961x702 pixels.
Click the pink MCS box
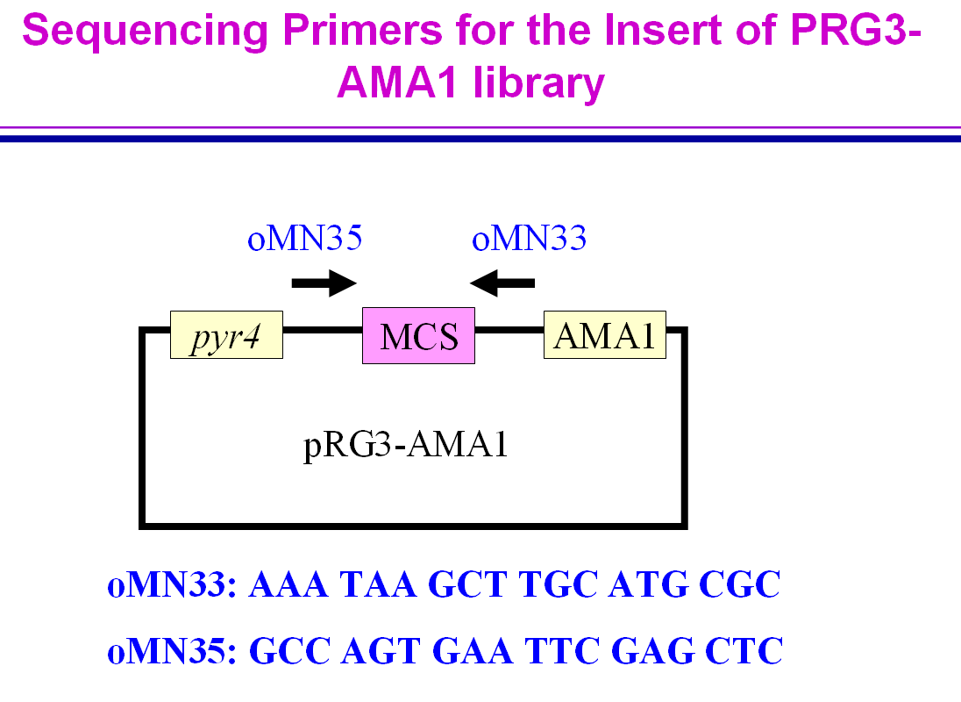tap(418, 335)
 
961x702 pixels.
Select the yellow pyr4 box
tap(226, 334)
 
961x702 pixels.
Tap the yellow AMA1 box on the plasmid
tap(605, 334)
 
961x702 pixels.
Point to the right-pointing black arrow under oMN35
tap(324, 283)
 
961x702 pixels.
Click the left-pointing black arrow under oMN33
tap(502, 283)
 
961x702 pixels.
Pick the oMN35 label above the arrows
tap(304, 239)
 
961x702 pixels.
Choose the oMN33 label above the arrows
tap(529, 239)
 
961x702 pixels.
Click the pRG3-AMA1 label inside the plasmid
tap(406, 447)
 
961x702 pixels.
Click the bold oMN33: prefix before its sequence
tap(172, 585)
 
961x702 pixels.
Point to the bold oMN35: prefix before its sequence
tap(172, 651)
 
